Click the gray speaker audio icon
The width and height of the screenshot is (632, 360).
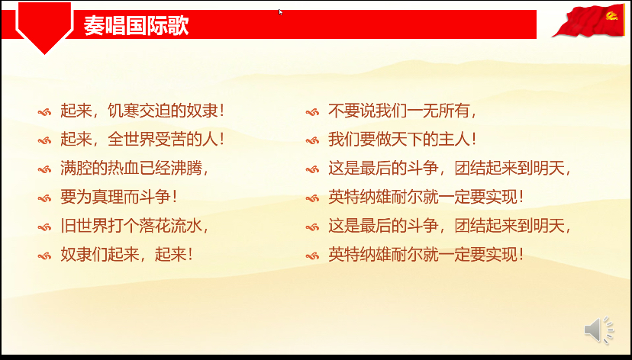click(599, 330)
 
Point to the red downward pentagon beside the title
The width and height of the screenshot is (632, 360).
click(44, 31)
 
